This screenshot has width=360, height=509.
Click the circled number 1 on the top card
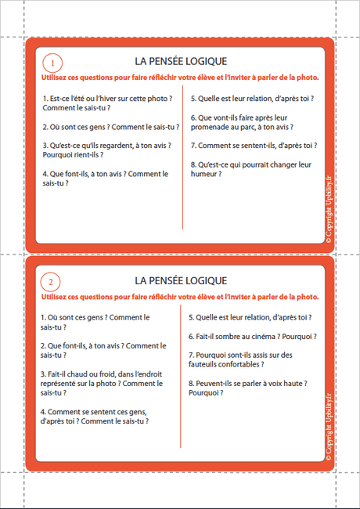(52, 62)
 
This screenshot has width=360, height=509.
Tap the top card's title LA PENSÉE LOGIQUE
(181, 60)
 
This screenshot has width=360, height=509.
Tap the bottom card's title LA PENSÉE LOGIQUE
(181, 280)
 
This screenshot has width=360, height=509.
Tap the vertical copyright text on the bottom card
(329, 427)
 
